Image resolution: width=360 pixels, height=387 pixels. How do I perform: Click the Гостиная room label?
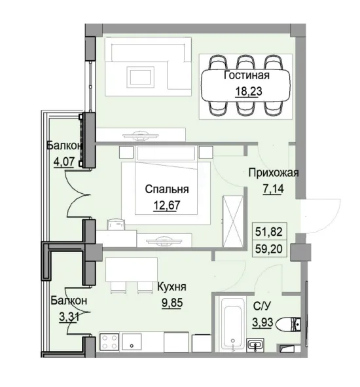[x=246, y=76]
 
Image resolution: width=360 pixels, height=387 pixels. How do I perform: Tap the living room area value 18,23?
[x=246, y=91]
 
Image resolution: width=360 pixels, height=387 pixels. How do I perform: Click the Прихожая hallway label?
[x=273, y=174]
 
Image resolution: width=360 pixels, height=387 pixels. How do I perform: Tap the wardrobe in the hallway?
[x=232, y=211]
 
